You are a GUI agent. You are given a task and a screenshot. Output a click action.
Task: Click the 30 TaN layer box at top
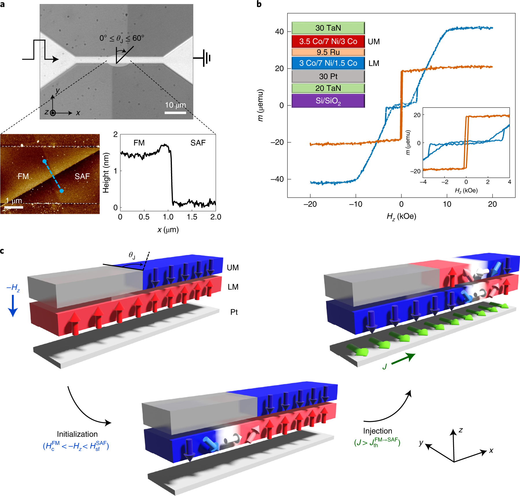[328, 28]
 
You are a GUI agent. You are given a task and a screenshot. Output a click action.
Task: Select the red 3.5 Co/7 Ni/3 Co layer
[328, 41]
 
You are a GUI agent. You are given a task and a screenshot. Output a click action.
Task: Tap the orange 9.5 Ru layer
[328, 52]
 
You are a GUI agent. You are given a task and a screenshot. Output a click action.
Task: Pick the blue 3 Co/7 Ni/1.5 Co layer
[328, 63]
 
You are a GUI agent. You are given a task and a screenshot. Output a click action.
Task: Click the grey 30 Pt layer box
[328, 76]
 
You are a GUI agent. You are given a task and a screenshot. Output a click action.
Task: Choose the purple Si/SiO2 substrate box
[328, 101]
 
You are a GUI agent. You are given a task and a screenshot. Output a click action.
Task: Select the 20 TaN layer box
[328, 88]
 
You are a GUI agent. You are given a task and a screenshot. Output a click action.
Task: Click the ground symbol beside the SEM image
[206, 58]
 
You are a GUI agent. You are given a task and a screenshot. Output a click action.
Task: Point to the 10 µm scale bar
[175, 112]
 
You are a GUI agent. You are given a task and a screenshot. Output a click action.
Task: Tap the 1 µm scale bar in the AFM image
[14, 207]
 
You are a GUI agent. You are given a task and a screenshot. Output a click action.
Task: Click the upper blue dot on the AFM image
[44, 161]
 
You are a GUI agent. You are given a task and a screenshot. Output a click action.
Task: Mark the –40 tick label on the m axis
[277, 179]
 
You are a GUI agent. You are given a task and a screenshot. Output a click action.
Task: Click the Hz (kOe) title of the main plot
[401, 216]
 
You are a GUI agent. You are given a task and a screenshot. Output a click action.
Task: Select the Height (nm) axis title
[106, 173]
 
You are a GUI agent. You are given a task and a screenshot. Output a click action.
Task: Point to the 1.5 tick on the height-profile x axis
[192, 217]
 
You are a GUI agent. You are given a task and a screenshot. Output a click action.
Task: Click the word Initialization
[77, 434]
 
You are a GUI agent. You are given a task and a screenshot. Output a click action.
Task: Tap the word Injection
[378, 431]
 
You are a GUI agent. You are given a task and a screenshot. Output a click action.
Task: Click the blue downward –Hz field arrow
[13, 306]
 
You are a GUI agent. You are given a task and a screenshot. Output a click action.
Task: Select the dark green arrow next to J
[403, 359]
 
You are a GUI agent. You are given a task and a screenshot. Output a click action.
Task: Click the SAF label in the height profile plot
[198, 143]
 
